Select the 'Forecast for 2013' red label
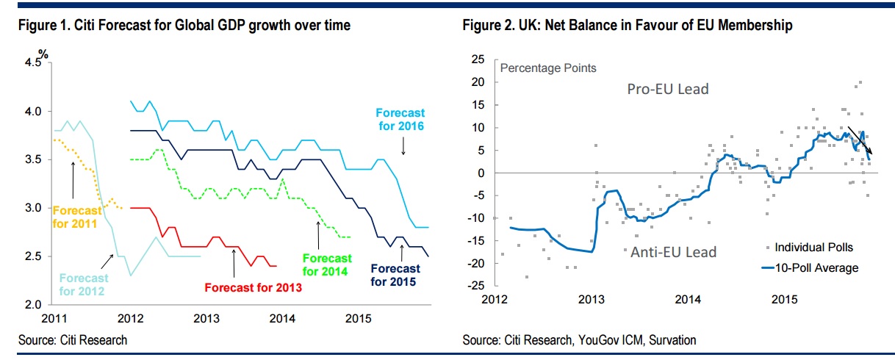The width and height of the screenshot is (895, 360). [x=254, y=287]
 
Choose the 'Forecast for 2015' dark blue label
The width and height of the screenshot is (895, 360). [x=395, y=275]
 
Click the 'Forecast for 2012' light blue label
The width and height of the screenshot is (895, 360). [x=83, y=284]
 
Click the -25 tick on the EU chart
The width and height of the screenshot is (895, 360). [x=478, y=285]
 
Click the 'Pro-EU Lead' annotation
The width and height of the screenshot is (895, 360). [x=667, y=89]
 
